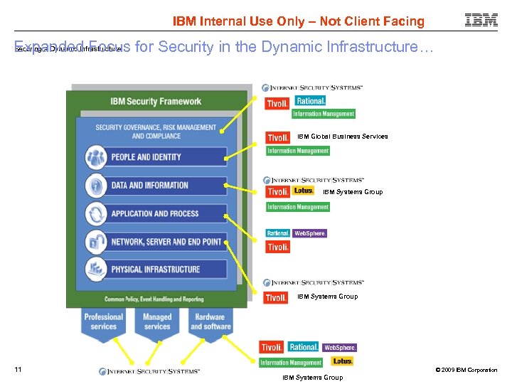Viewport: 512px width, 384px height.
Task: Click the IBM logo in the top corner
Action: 481,21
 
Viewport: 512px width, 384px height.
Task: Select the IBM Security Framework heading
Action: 155,102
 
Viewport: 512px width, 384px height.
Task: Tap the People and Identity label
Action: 146,157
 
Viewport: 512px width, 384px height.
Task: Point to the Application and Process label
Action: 154,213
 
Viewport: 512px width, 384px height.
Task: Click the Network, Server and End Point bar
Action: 166,242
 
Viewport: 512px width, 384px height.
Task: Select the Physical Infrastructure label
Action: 155,270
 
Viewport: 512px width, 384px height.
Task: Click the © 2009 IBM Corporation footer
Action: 466,370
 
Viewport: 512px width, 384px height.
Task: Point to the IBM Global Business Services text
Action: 342,137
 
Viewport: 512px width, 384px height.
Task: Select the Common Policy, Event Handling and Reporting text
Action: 154,299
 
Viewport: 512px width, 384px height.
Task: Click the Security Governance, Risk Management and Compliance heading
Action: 155,132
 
